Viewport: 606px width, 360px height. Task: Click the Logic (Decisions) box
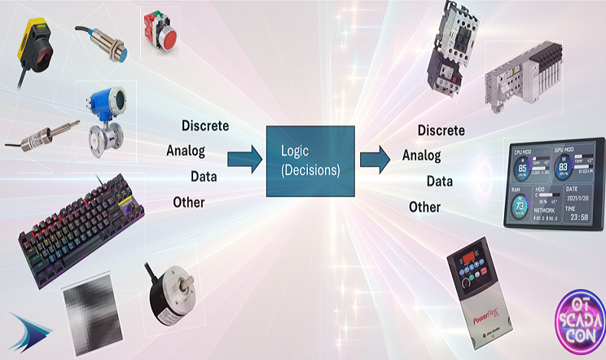click(310, 161)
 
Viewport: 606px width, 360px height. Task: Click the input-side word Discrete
click(204, 126)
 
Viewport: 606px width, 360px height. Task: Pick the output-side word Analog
click(421, 156)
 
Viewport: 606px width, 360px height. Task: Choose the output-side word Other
click(424, 207)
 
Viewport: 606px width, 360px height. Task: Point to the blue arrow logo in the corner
click(29, 331)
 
